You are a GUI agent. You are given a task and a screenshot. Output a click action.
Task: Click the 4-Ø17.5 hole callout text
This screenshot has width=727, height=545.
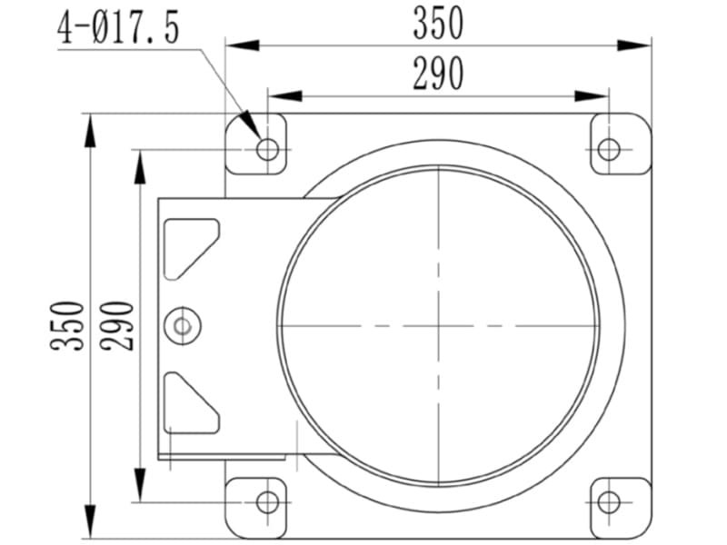[118, 28]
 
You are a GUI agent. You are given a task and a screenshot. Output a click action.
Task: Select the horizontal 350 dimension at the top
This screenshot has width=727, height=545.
[438, 24]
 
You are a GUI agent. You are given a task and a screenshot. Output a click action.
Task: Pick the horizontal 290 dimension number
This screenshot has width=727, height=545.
[438, 74]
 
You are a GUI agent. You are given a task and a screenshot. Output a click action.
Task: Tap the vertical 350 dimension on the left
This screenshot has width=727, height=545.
[67, 325]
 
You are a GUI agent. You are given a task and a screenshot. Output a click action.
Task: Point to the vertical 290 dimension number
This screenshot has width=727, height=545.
[117, 325]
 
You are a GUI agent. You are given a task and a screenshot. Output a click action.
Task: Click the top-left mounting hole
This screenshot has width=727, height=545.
[267, 149]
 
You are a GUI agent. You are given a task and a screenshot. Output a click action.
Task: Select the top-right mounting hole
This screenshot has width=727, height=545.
[609, 149]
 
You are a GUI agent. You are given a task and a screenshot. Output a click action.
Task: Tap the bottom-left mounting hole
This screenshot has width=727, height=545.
[267, 502]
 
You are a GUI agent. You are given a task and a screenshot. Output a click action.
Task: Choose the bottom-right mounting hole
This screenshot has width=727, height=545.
[609, 502]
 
